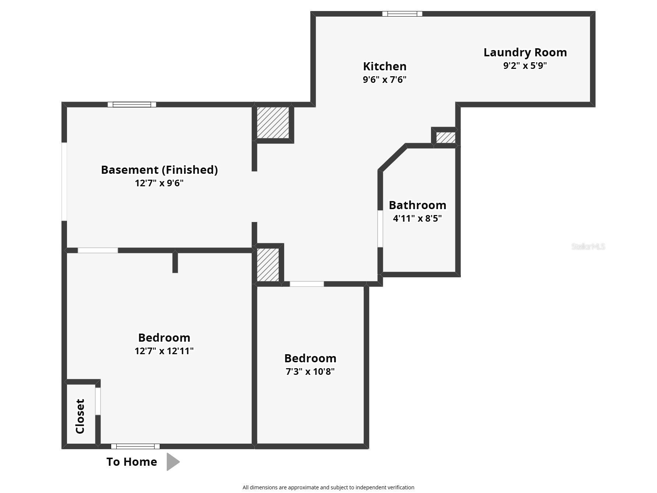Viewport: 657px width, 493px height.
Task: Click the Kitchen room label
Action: pos(385,66)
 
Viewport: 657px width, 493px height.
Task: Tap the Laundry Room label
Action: pos(525,53)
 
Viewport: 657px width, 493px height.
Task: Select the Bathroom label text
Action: pos(417,205)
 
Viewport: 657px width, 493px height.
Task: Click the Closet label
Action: pos(80,416)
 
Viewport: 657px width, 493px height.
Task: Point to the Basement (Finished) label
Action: pos(159,170)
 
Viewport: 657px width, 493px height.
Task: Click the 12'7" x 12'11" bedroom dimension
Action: pos(164,351)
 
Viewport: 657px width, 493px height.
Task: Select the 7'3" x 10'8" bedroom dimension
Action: pos(310,371)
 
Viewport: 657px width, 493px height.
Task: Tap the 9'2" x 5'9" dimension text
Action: pos(525,66)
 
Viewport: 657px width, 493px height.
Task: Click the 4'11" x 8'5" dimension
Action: pos(417,218)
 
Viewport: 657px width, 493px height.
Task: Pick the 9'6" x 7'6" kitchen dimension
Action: pos(385,80)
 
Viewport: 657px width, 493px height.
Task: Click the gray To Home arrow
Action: pos(173,462)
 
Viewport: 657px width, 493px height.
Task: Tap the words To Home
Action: pos(132,462)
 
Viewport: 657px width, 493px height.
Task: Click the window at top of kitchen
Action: pos(402,14)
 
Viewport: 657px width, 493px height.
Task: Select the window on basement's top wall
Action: pos(132,105)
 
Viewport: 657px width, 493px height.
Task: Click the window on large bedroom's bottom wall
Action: pos(135,447)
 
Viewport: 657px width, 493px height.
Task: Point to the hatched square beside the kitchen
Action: pos(273,123)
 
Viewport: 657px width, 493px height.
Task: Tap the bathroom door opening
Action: pos(380,229)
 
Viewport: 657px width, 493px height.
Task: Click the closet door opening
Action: pos(98,401)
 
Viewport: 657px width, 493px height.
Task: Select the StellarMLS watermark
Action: pos(588,246)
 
